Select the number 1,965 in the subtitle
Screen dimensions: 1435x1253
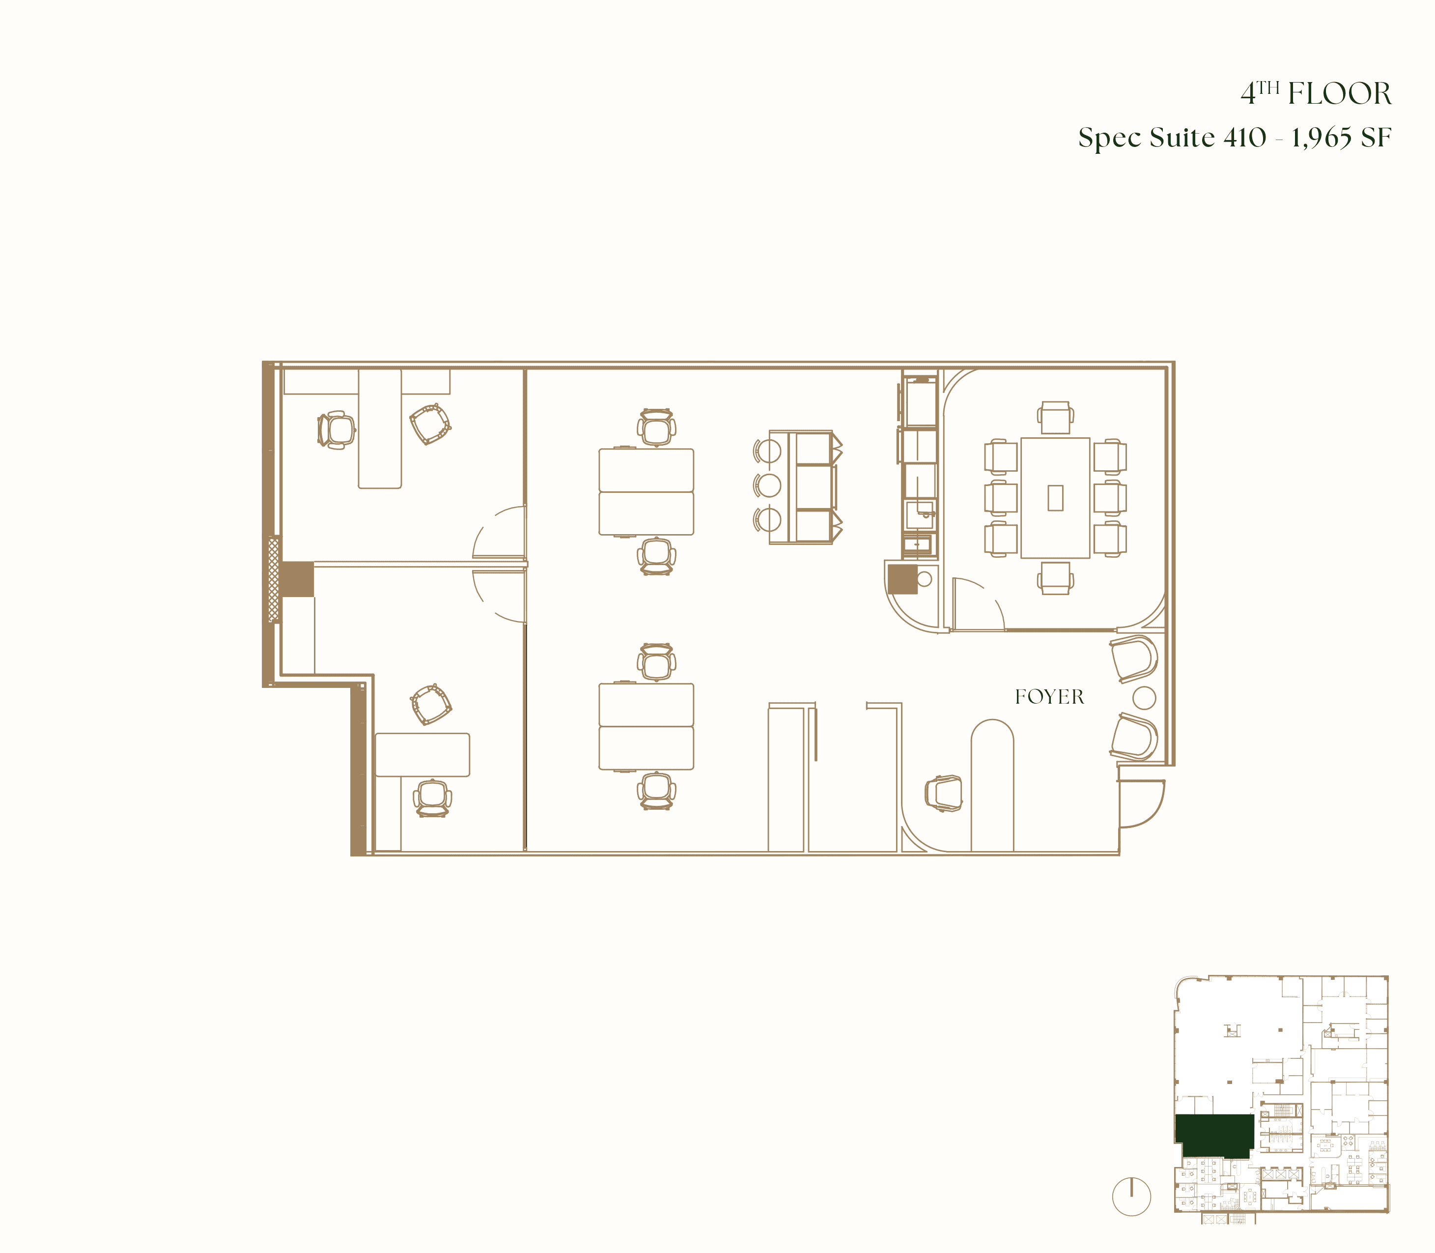tap(1321, 138)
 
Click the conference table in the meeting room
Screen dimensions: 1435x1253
tap(1055, 498)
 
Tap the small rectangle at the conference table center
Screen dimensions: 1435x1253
tap(1055, 498)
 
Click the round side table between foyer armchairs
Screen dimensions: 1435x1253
tap(1144, 697)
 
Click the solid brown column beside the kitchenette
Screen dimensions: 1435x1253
tap(902, 579)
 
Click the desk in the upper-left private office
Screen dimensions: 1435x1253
tap(380, 428)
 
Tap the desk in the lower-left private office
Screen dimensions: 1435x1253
tap(422, 754)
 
